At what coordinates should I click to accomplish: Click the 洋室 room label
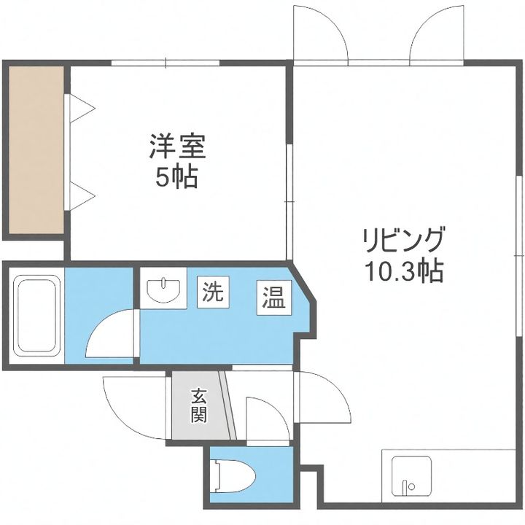(177, 147)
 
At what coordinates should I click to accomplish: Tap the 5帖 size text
(177, 176)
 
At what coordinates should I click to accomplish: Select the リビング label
(403, 239)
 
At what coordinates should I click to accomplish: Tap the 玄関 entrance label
(198, 406)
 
